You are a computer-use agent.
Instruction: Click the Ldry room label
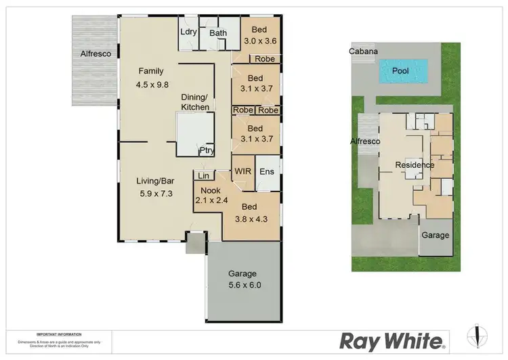(x=188, y=32)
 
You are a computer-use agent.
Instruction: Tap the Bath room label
(x=217, y=32)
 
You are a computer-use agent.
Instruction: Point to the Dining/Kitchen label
(x=194, y=102)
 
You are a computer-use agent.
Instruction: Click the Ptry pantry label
(x=207, y=150)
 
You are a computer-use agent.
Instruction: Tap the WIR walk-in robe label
(x=242, y=171)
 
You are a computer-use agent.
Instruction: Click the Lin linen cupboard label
(x=203, y=176)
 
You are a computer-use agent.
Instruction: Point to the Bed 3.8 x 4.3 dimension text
(x=251, y=219)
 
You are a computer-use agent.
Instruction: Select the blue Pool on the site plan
(x=404, y=70)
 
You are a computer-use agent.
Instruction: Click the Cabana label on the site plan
(x=363, y=51)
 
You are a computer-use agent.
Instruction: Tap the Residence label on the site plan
(x=415, y=164)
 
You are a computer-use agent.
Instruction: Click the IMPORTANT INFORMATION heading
(x=59, y=334)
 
